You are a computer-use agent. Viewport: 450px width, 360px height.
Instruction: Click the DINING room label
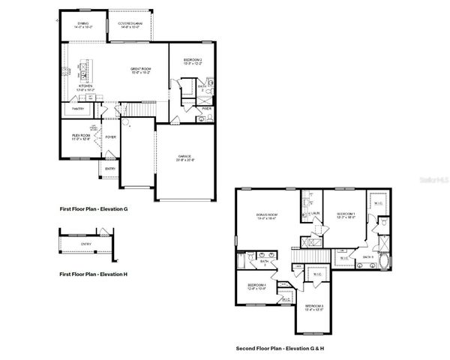point(82,24)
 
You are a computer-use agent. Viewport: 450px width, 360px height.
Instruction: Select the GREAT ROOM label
point(141,69)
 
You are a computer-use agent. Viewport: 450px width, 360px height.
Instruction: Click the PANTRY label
point(78,109)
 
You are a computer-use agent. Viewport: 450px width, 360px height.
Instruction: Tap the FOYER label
point(110,137)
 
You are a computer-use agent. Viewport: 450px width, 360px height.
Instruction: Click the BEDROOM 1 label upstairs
point(346,214)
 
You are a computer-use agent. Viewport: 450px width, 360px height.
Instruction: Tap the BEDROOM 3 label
point(314,306)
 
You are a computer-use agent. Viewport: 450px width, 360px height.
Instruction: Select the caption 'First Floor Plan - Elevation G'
point(94,208)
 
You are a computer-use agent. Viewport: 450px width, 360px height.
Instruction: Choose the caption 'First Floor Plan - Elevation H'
point(94,274)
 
